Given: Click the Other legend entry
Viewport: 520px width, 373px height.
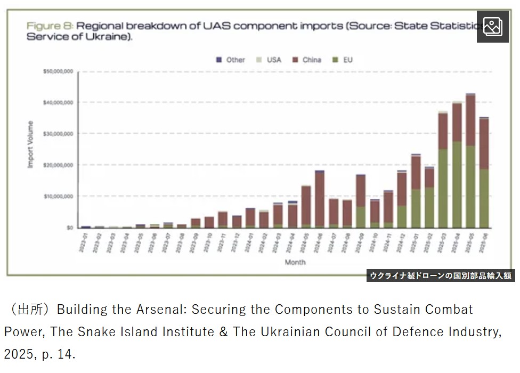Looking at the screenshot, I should (231, 60).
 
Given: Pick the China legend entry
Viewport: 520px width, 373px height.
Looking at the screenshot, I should (307, 60).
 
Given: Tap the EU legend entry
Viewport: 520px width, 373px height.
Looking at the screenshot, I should (344, 60).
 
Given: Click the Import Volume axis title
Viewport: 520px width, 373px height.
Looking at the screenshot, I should (30, 145).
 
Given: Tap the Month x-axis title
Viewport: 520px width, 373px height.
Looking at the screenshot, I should (295, 262).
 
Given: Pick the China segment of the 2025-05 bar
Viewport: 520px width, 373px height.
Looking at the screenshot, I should (470, 120).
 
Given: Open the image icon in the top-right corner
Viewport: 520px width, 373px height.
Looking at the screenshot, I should (492, 27).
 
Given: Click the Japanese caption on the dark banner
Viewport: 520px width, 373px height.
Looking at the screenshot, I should (441, 275).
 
